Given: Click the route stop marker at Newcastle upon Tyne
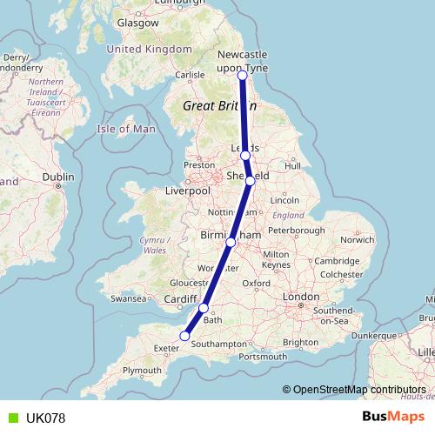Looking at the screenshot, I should [x=242, y=76].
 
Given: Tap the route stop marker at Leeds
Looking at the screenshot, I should [x=245, y=155].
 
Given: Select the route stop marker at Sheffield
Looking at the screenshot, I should [x=250, y=181].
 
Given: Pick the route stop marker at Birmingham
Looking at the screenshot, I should [x=231, y=242].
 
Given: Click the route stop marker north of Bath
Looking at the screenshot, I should [x=204, y=308].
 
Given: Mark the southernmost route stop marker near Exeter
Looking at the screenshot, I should [x=184, y=336].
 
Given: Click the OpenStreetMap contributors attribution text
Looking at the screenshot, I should [x=357, y=390].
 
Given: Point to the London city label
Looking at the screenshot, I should [x=301, y=297].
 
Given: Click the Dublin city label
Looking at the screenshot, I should [x=58, y=177].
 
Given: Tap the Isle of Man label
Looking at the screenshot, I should [x=125, y=129].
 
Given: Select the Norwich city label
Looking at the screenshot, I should [x=357, y=239].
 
